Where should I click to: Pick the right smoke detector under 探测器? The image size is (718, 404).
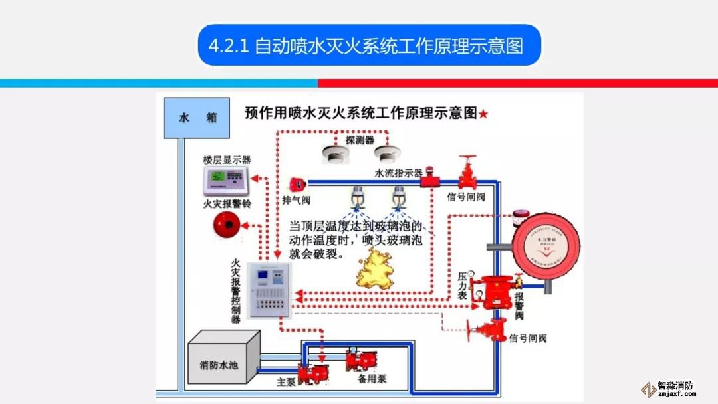pos(387,154)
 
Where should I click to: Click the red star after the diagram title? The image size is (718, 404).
pos(483,114)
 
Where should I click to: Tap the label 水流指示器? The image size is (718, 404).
pos(399,173)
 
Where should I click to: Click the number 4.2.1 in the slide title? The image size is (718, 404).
pos(228,47)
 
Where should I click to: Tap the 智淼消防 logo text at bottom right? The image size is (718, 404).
pos(675,385)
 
